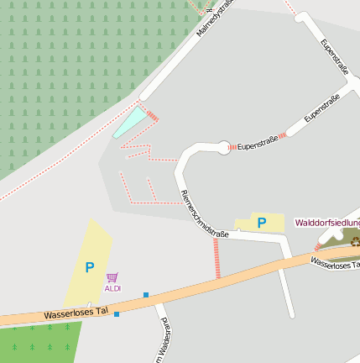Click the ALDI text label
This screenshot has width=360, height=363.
click(x=112, y=288)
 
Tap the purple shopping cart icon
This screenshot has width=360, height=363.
click(x=112, y=277)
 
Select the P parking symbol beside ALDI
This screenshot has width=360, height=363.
click(x=90, y=267)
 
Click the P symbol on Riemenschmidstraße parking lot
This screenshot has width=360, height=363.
click(x=262, y=223)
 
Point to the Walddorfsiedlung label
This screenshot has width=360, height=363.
click(x=327, y=223)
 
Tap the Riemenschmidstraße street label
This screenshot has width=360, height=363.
click(x=205, y=214)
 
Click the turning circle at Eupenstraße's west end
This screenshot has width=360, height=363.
click(x=224, y=148)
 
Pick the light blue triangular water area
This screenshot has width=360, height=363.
click(x=130, y=122)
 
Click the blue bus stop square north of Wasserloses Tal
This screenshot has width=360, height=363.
click(x=146, y=295)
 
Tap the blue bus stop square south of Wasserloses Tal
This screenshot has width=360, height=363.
click(x=117, y=314)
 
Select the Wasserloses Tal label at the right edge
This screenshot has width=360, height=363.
click(x=334, y=264)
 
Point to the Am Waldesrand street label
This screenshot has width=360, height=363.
click(x=164, y=340)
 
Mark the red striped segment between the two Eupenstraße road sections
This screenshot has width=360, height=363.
click(x=283, y=134)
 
